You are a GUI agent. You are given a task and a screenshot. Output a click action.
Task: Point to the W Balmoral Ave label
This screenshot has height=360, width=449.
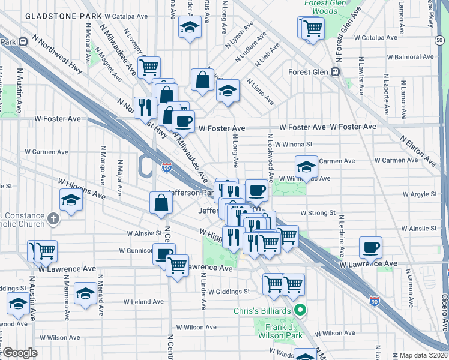coord(411,58)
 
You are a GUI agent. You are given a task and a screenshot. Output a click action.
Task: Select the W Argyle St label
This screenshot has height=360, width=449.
coord(420,194)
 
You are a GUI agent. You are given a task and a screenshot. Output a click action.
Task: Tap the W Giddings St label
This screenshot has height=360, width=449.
coord(229,292)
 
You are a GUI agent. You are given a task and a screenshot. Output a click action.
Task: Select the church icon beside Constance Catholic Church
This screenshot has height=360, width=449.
coord(53,218)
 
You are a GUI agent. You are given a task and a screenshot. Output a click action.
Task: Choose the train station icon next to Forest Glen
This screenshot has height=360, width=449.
coord(336,71)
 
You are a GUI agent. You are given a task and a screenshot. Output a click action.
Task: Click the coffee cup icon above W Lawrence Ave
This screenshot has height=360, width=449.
coord(370,246)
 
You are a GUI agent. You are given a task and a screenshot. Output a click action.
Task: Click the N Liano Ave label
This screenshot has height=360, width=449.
coord(259,91)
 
